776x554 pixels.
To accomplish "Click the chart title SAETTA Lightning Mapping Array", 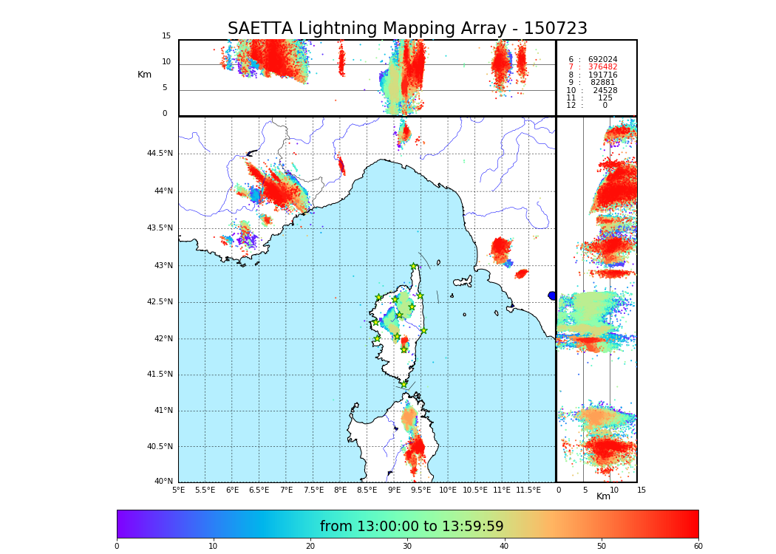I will pos(407,29).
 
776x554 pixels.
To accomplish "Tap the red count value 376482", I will pos(602,67).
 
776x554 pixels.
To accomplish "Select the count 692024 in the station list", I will pos(602,59).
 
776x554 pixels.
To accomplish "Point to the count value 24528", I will pos(605,90).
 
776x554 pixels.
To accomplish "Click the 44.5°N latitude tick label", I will pos(160,154).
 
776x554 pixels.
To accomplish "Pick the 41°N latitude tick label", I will pos(163,411).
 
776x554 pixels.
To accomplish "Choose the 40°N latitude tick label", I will pos(163,482).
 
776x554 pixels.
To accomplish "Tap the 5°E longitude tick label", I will pos(178,490).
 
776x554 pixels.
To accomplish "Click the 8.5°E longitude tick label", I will pos(367,490).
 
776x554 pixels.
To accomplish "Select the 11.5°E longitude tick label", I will pos(529,490).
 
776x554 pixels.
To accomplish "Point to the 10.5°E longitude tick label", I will pos(475,490).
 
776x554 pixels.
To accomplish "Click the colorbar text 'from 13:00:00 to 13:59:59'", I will pos(412,527).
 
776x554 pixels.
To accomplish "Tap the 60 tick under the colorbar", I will pos(698,547).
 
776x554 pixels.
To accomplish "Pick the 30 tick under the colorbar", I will pos(407,547).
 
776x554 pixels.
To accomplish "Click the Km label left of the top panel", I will pos(144,75).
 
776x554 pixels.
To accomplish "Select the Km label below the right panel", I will pos(603,496).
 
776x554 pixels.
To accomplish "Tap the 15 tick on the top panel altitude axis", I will pos(166,36).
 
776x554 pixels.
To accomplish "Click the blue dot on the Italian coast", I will pos(552,295).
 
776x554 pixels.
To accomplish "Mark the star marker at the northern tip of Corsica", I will pos(414,267).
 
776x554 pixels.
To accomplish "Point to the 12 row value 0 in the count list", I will pos(605,106).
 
